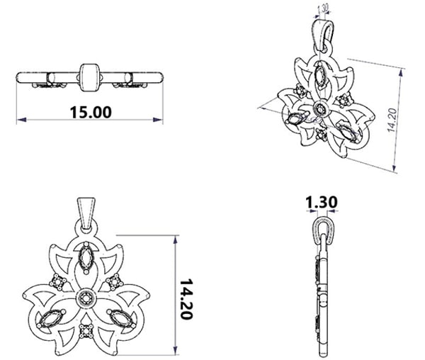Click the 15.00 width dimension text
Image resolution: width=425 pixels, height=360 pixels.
pos(91,112)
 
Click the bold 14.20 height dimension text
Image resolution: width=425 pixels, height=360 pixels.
pos(186,299)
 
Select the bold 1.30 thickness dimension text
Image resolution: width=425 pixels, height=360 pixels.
pos(322,202)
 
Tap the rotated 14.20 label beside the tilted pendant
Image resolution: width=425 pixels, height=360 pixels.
pos(392,120)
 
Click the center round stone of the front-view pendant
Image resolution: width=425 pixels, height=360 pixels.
pos(86,298)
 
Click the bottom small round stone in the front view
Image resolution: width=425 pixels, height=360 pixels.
pos(86,331)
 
